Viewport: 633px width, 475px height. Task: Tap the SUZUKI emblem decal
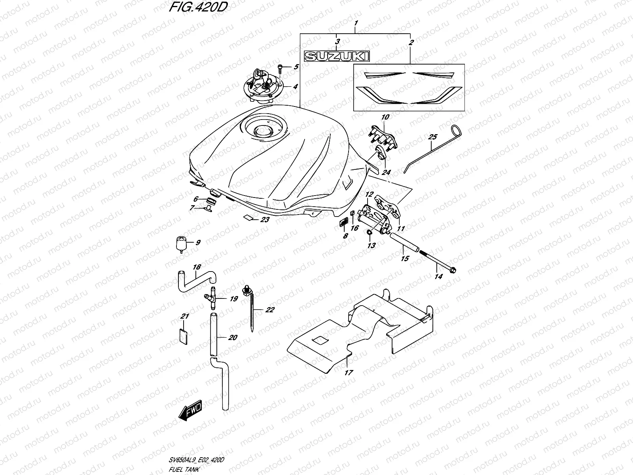[x=336, y=57]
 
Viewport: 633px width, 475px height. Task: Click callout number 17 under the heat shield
[x=349, y=372]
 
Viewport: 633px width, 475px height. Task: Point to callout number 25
[x=432, y=137]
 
